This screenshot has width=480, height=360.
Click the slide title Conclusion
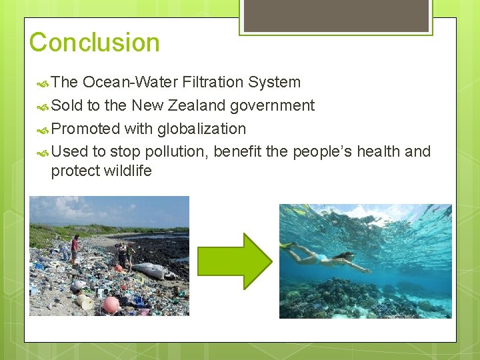click(94, 43)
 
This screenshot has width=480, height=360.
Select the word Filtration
click(212, 82)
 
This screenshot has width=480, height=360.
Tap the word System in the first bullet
click(274, 82)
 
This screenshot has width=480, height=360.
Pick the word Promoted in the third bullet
click(85, 129)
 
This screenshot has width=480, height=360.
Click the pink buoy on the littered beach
click(111, 304)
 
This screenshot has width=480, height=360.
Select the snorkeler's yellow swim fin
click(287, 246)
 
